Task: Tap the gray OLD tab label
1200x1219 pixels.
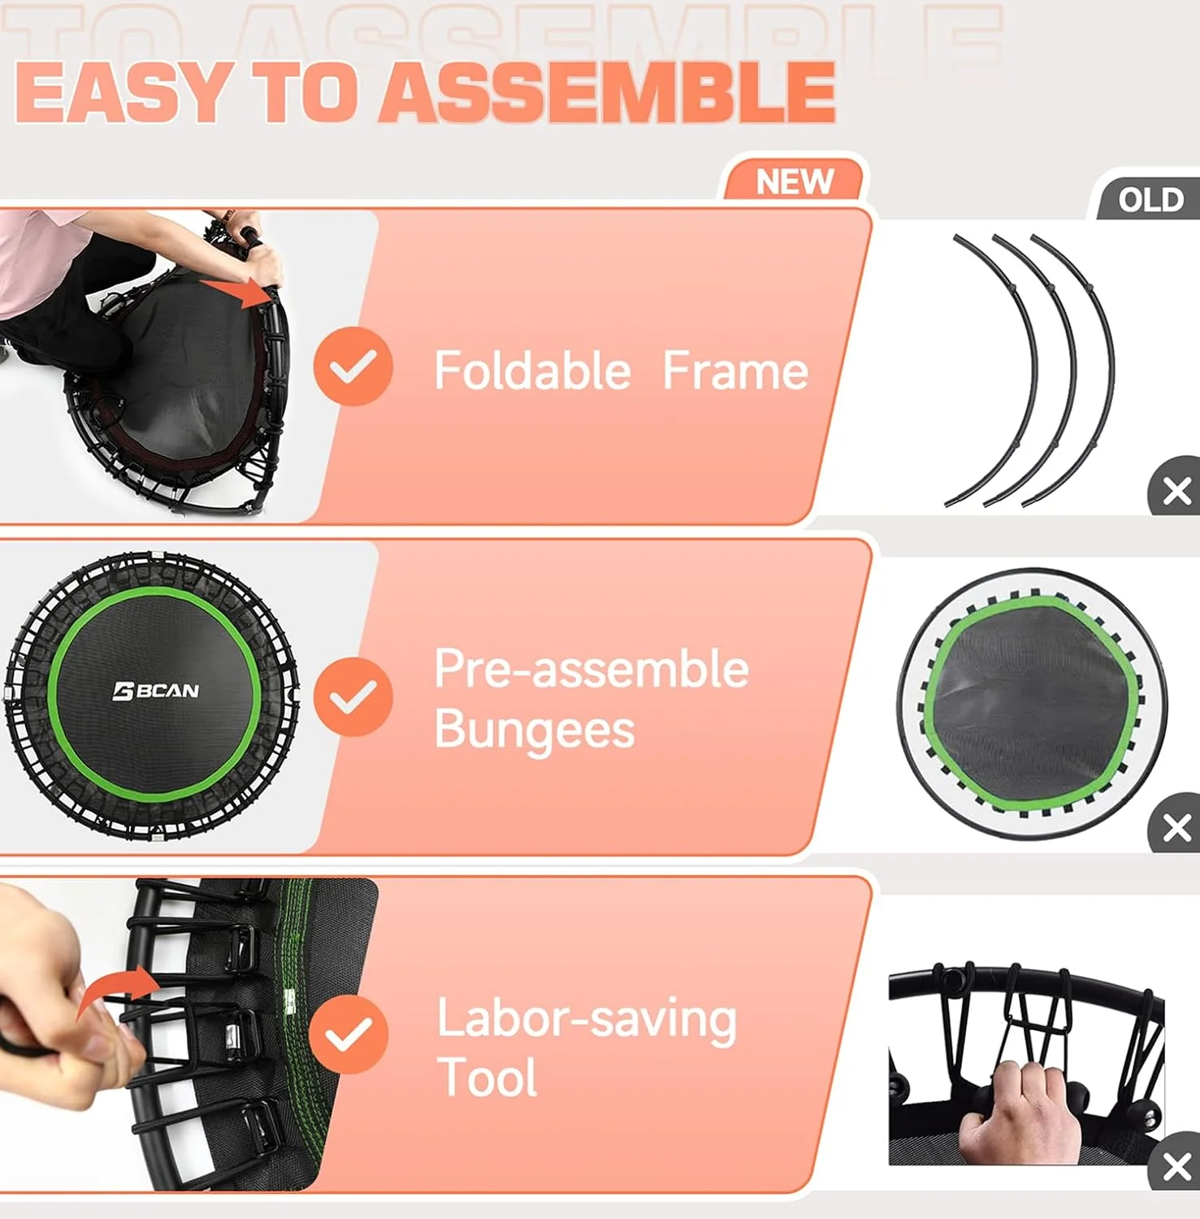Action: pyautogui.click(x=1150, y=200)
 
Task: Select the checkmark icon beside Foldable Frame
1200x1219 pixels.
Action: pyautogui.click(x=353, y=367)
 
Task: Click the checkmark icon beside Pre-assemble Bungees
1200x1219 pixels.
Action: pyautogui.click(x=353, y=697)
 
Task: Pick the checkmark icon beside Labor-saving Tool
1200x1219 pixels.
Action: pyautogui.click(x=348, y=1034)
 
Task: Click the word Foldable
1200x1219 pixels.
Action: pyautogui.click(x=532, y=371)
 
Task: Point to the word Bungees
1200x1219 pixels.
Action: pyautogui.click(x=534, y=729)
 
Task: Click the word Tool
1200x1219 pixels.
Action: pyautogui.click(x=487, y=1078)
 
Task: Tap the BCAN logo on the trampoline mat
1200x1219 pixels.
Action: pyautogui.click(x=156, y=691)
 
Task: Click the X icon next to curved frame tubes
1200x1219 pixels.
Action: pyautogui.click(x=1176, y=491)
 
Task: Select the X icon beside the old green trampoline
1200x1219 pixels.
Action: pyautogui.click(x=1176, y=828)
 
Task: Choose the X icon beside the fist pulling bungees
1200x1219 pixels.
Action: pyautogui.click(x=1176, y=1167)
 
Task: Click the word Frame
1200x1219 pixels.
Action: pyautogui.click(x=734, y=371)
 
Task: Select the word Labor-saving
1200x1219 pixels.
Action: pyautogui.click(x=586, y=1020)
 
